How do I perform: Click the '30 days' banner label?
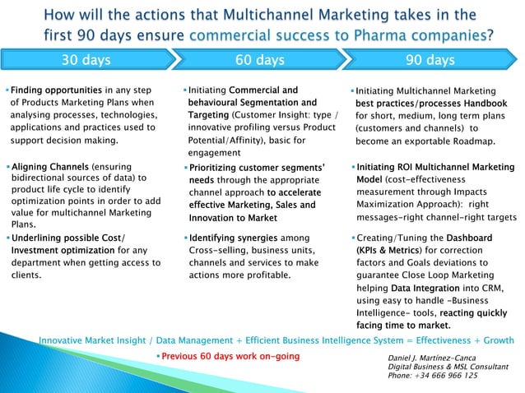(87, 60)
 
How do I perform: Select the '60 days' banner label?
(260, 60)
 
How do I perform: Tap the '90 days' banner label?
(430, 60)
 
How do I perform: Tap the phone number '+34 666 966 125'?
(447, 376)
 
